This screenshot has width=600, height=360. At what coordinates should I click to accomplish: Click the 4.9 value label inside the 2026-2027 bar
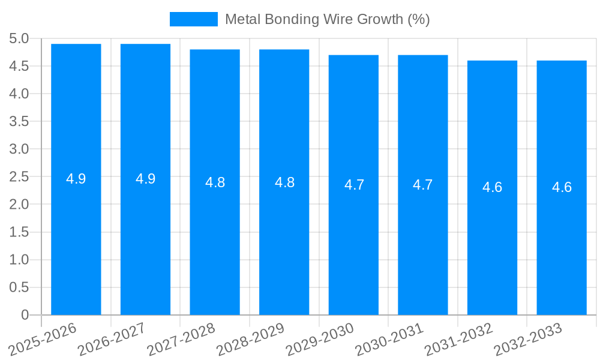click(x=145, y=179)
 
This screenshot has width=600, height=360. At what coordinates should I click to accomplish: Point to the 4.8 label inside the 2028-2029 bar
click(x=284, y=182)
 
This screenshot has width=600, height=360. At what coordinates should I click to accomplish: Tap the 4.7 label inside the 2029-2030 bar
click(x=354, y=185)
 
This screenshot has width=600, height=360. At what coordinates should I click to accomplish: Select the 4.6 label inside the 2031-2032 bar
click(x=492, y=187)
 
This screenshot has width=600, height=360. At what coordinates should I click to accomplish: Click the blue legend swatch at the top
click(x=193, y=19)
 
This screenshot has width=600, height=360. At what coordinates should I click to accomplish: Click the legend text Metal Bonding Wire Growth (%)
click(x=327, y=19)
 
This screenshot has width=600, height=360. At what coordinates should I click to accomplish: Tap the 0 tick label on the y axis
click(x=25, y=315)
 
